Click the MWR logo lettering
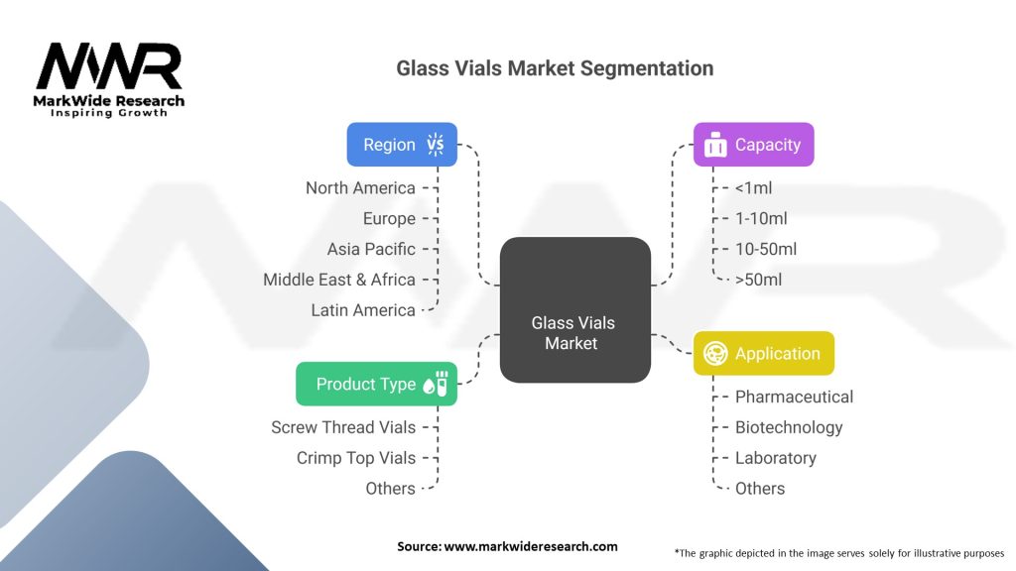(x=109, y=66)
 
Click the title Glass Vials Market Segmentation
(x=555, y=68)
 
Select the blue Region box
(x=402, y=145)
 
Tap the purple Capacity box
(x=754, y=145)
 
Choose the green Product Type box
(x=376, y=384)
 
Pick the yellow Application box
(x=764, y=354)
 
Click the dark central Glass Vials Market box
(x=575, y=309)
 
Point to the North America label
(x=360, y=187)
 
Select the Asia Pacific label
(x=371, y=249)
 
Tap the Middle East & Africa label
(x=339, y=280)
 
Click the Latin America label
(x=363, y=310)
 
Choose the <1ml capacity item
(x=754, y=187)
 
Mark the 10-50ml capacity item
(x=766, y=249)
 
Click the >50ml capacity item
(x=758, y=280)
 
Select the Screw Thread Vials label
(x=343, y=427)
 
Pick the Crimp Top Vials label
(x=356, y=458)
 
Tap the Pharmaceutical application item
(x=794, y=397)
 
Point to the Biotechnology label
(x=789, y=427)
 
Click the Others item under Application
(x=759, y=489)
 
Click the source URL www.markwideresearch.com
(x=531, y=546)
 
